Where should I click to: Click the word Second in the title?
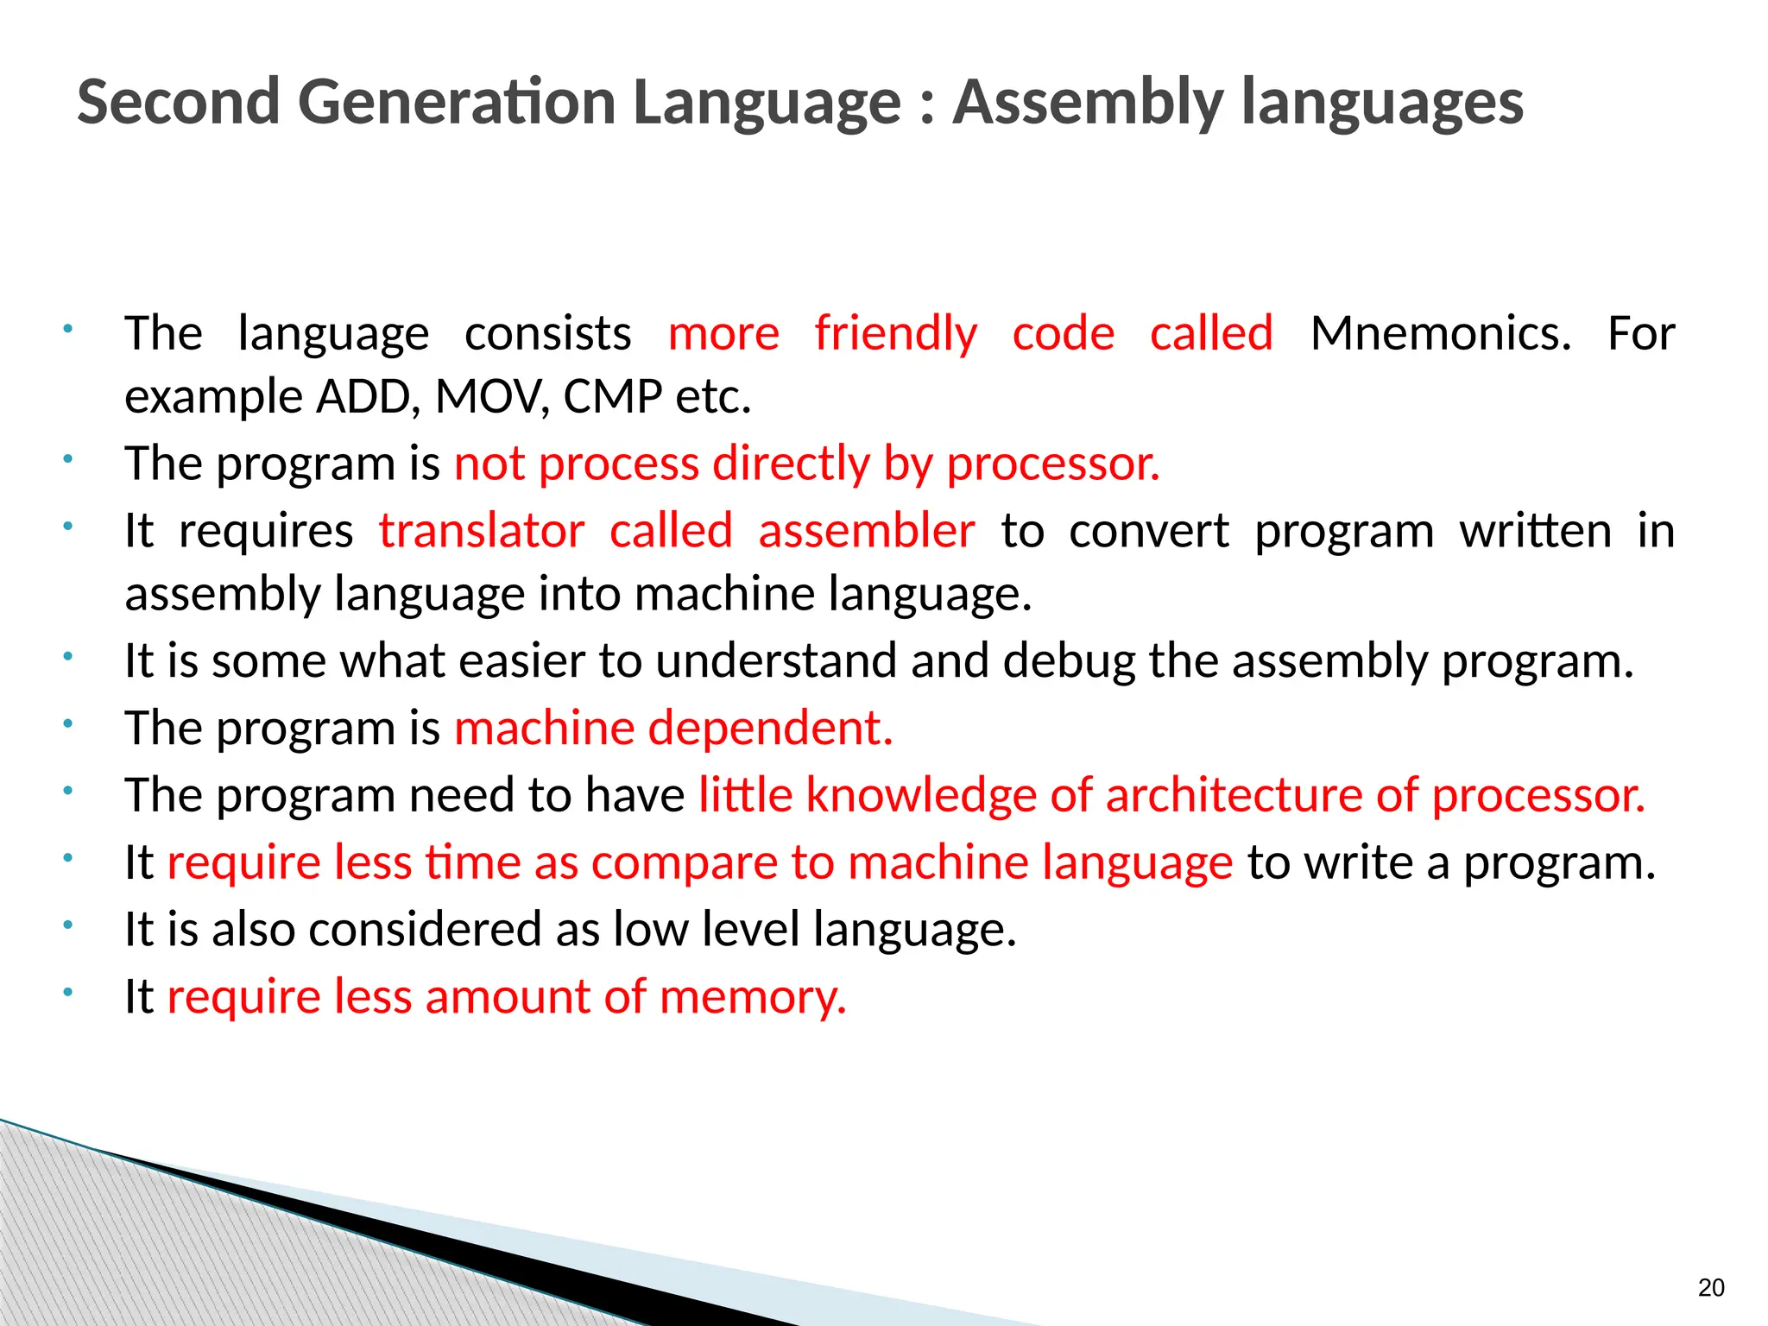(178, 102)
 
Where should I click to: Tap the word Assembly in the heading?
(1088, 102)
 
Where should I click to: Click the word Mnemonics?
(1440, 333)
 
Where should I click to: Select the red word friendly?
(895, 333)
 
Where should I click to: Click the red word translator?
(482, 530)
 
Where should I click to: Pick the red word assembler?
(866, 530)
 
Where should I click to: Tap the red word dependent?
(770, 728)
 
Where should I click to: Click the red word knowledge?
(920, 794)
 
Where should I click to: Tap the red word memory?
(753, 997)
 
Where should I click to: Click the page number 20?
(1710, 1288)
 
